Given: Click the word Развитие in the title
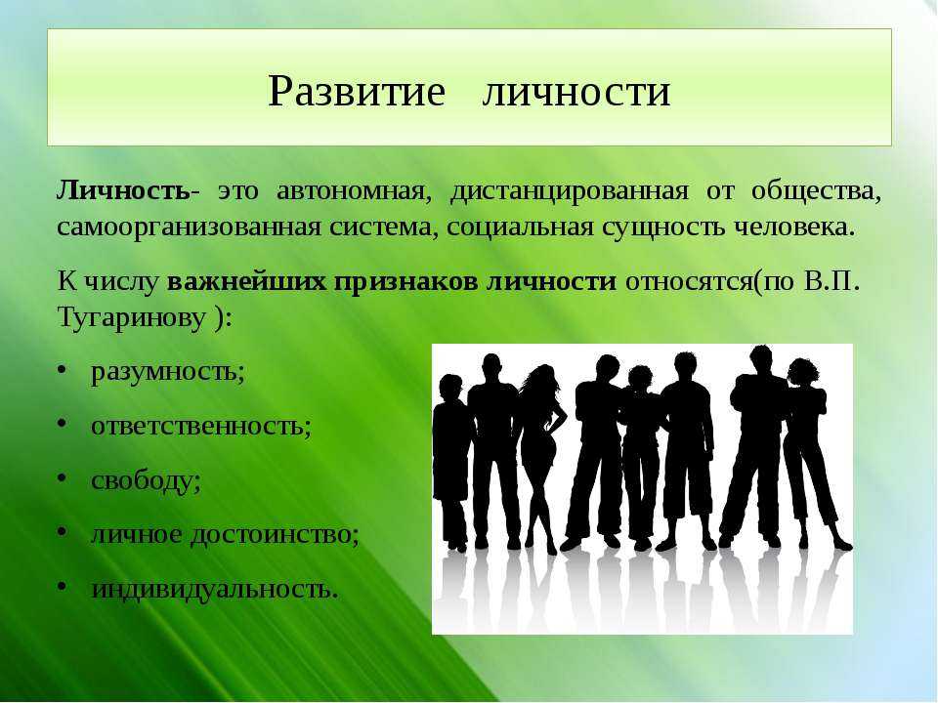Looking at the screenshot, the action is (x=357, y=92).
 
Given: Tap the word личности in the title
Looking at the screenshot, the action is (x=576, y=93).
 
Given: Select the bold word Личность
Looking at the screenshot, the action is (x=123, y=191).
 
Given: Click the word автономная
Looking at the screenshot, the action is (x=354, y=191).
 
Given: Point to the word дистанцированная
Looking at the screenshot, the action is (x=569, y=192).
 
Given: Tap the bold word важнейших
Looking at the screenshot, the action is (x=246, y=281).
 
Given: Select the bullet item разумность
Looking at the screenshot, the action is (x=167, y=372).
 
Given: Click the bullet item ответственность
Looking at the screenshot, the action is (x=201, y=426).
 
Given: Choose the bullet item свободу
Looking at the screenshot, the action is (x=146, y=480).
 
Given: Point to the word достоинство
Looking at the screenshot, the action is (x=275, y=534).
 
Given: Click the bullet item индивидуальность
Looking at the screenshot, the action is (x=215, y=589).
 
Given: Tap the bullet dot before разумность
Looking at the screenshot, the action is (x=62, y=371).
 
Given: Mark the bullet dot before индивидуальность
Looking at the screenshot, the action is (x=62, y=588).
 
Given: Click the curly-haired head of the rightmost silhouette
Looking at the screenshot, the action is (x=803, y=373).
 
